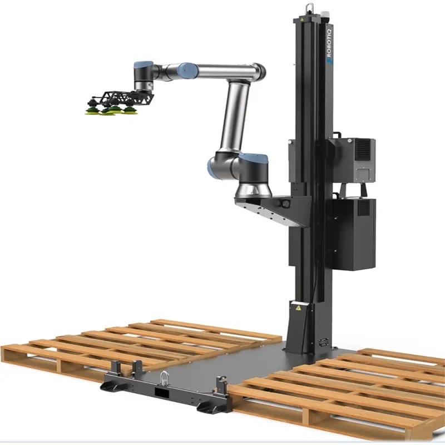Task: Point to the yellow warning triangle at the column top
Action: point(301,19)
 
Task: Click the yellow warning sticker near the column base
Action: point(298,308)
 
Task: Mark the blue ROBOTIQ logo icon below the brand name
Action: point(330,62)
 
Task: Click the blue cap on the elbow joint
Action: point(187,69)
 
